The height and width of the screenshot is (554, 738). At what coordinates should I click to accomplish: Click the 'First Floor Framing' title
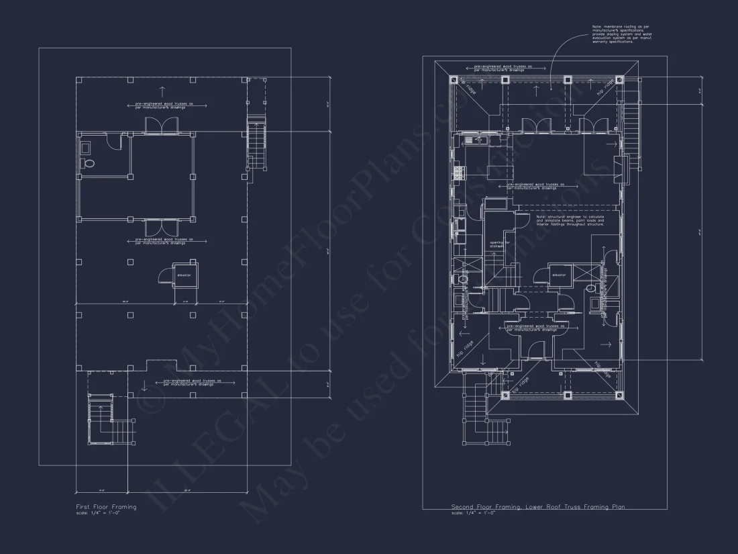(106, 507)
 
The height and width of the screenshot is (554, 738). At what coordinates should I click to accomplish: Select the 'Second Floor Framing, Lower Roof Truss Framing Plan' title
(537, 507)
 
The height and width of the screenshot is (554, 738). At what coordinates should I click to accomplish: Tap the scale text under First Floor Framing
(97, 513)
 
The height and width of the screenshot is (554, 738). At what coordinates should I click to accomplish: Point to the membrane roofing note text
(621, 34)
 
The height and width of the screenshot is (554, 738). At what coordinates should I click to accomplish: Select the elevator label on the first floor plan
(184, 275)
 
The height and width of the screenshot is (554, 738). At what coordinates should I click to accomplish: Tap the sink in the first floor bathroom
(85, 146)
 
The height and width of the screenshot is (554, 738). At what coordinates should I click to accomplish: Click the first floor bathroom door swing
(115, 141)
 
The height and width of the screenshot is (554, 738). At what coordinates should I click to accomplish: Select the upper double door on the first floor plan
(161, 126)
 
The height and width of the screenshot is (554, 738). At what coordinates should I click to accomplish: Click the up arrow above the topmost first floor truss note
(161, 91)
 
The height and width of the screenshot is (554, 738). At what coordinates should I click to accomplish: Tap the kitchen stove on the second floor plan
(459, 173)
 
